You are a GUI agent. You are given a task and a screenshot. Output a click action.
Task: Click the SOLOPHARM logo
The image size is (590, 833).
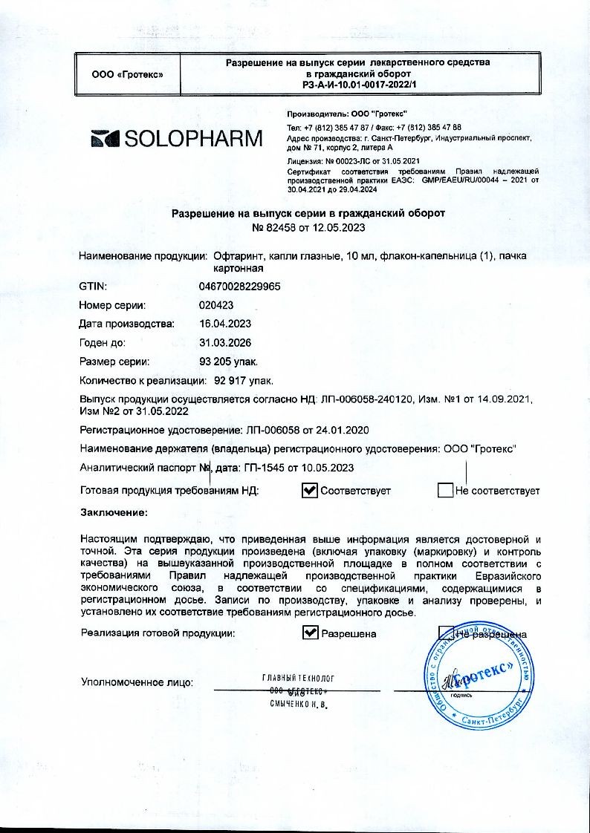tap(177, 138)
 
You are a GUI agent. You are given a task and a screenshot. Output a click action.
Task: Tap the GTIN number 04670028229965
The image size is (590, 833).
tap(239, 286)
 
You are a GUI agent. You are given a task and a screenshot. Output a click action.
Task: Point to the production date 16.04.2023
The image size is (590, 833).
tap(225, 324)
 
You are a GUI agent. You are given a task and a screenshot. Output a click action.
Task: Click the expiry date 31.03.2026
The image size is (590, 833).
tap(225, 343)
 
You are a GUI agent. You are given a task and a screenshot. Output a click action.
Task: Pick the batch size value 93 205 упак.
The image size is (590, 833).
tap(229, 362)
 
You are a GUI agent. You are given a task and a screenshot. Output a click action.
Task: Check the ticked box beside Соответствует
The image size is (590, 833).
tap(310, 490)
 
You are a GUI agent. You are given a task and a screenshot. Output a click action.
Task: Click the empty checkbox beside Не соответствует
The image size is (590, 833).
tap(445, 490)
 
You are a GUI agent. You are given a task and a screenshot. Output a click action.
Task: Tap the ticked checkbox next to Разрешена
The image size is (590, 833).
tap(310, 633)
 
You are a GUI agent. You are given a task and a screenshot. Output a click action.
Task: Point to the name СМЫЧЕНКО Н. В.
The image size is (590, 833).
tap(298, 702)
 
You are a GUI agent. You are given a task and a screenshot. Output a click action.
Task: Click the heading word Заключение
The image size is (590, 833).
tap(113, 512)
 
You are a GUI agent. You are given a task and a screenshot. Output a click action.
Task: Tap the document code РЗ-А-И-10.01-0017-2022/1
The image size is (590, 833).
tap(358, 85)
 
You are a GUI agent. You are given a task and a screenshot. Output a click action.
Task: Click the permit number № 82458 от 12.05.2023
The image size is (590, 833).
tap(308, 227)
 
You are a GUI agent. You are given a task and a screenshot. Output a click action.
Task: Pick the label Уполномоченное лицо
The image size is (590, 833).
tap(137, 682)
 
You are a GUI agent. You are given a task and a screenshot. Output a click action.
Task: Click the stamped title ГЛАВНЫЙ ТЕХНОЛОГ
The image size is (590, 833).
tap(298, 679)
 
